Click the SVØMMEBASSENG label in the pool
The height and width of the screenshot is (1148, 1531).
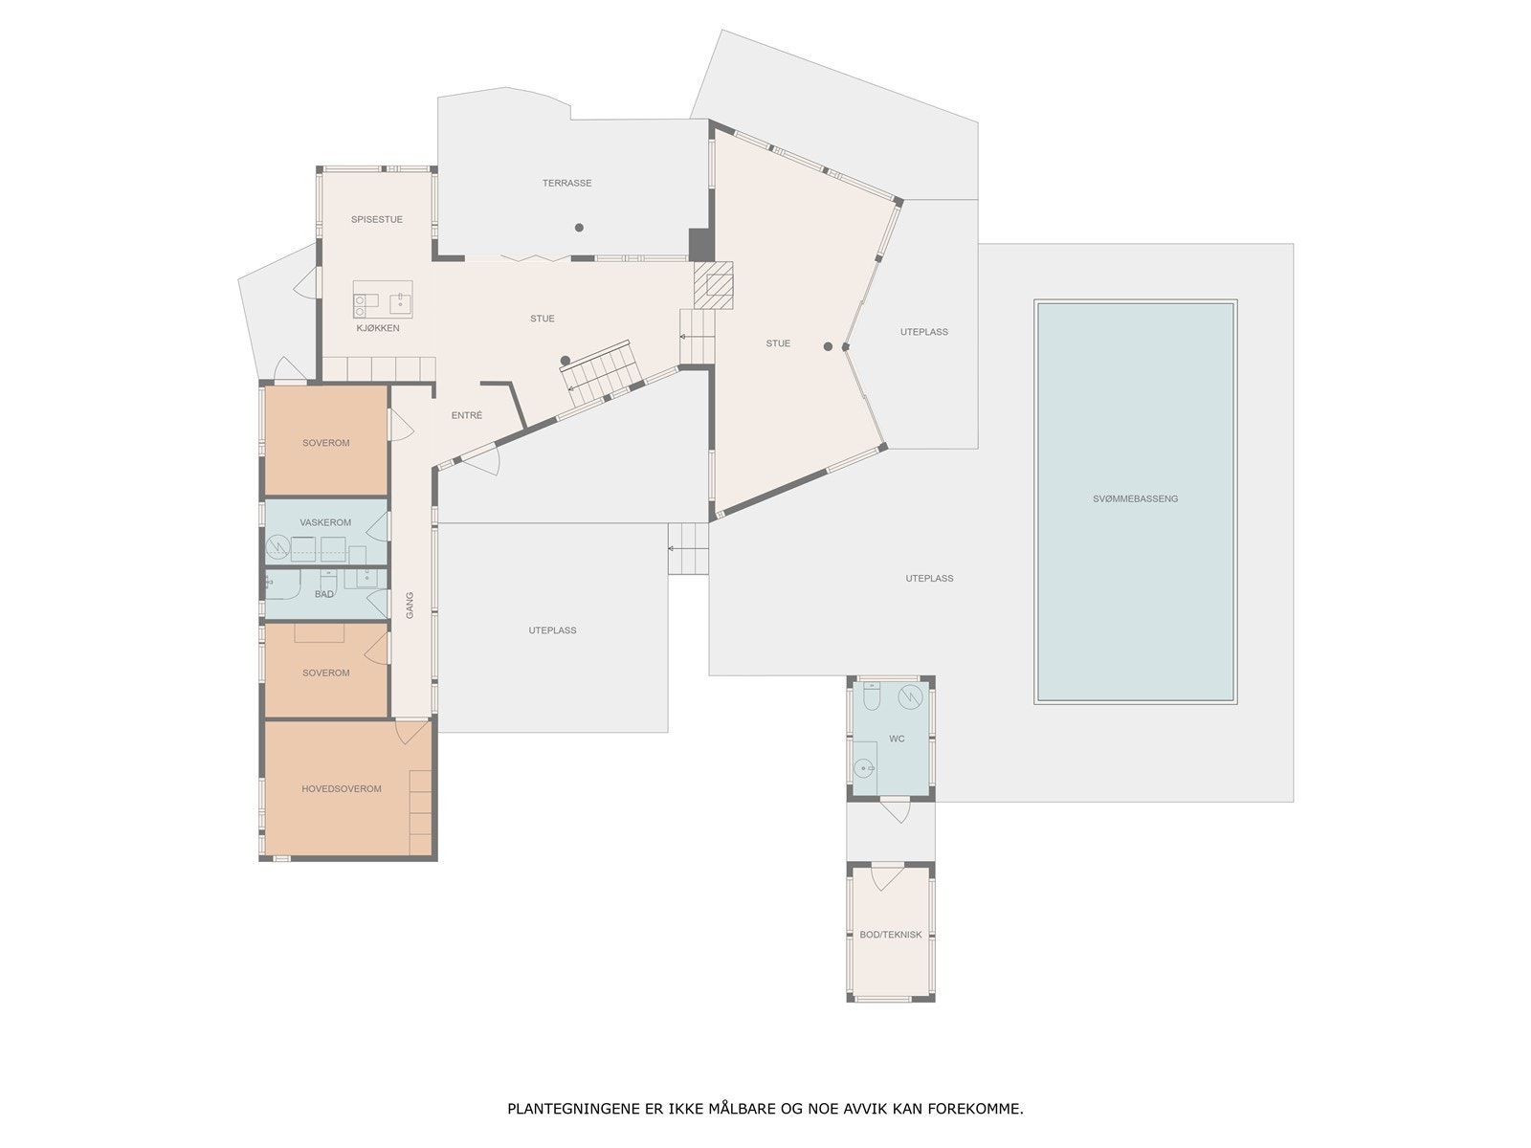(x=1135, y=498)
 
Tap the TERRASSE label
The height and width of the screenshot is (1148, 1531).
(x=566, y=183)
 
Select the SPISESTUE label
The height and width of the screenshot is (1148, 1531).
(x=376, y=219)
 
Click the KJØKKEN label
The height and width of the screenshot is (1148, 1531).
(x=377, y=328)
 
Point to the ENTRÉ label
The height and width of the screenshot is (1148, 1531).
(x=467, y=415)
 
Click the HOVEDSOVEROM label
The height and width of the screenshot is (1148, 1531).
(x=342, y=789)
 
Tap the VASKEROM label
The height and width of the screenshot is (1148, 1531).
(x=325, y=522)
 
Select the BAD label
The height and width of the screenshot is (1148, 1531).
(x=324, y=594)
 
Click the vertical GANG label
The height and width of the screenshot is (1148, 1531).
(x=410, y=605)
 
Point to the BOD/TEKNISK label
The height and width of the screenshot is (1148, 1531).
(x=890, y=935)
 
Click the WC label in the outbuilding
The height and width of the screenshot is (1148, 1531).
(x=897, y=739)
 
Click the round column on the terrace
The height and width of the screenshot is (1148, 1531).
(x=579, y=228)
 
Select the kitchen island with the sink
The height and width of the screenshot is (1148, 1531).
(x=383, y=298)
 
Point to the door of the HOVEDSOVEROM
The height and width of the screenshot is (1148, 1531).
(x=412, y=732)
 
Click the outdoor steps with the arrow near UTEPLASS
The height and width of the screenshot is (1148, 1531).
(x=688, y=548)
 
